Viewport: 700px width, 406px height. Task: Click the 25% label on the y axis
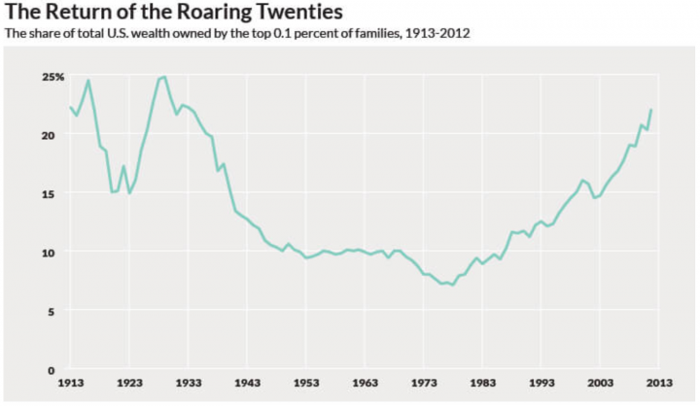[x=53, y=77]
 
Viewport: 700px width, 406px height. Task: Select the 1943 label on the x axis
[x=247, y=384]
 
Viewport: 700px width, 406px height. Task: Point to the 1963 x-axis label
[x=365, y=384]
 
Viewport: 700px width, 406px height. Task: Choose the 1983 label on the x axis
[x=482, y=384]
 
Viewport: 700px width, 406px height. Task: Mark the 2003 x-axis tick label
[x=600, y=384]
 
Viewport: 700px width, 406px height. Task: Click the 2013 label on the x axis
[x=658, y=384]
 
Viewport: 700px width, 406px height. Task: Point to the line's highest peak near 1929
[x=164, y=77]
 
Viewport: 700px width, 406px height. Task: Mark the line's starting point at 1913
[x=70, y=107]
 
